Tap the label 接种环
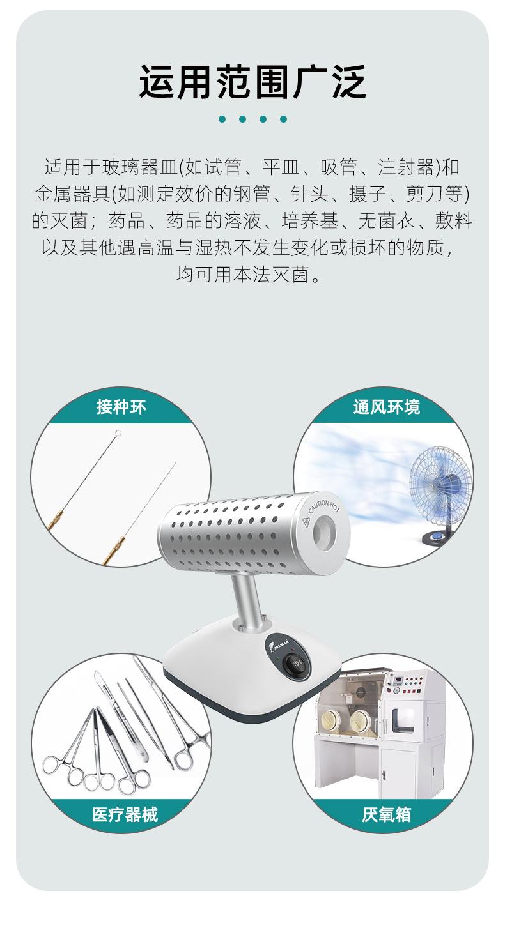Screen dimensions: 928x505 click(121, 407)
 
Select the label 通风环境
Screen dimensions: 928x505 click(386, 407)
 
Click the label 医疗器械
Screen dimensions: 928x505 click(125, 814)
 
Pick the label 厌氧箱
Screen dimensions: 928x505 click(386, 814)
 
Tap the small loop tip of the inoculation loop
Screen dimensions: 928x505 click(118, 435)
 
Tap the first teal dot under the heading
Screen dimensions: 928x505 click(222, 119)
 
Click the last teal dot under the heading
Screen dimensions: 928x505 click(283, 119)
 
